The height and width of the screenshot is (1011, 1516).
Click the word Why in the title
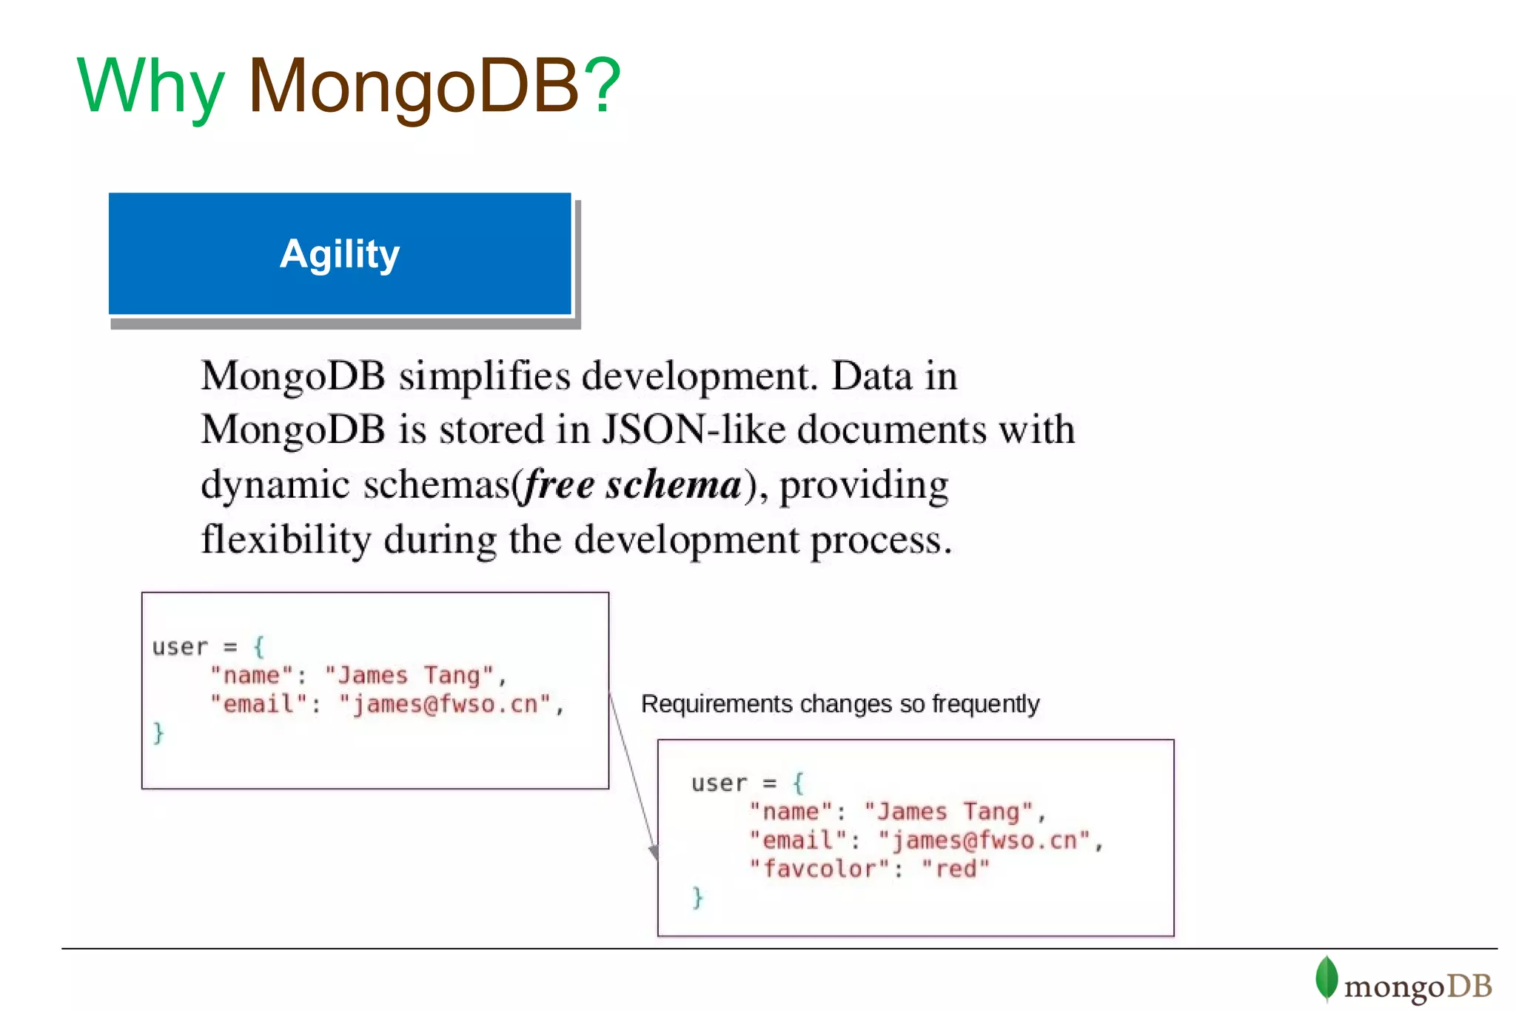pos(150,87)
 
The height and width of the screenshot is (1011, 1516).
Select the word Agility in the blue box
pos(340,254)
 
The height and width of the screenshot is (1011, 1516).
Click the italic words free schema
pos(633,485)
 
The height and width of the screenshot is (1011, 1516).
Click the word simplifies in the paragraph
pos(484,376)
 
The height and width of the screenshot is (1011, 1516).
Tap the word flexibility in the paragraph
pos(286,539)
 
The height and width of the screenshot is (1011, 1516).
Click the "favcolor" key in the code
pos(819,868)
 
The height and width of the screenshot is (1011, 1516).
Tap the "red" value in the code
pos(956,868)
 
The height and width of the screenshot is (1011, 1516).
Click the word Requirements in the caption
pos(717,704)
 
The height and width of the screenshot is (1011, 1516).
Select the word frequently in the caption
pos(985,704)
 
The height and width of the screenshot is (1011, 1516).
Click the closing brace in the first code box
pos(158,733)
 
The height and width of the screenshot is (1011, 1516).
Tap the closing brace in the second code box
pos(697,897)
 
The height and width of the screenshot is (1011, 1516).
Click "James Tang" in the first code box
pos(409,675)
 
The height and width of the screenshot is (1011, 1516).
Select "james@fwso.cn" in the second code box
pos(984,840)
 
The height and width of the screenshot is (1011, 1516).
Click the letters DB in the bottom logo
pos(1469,987)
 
